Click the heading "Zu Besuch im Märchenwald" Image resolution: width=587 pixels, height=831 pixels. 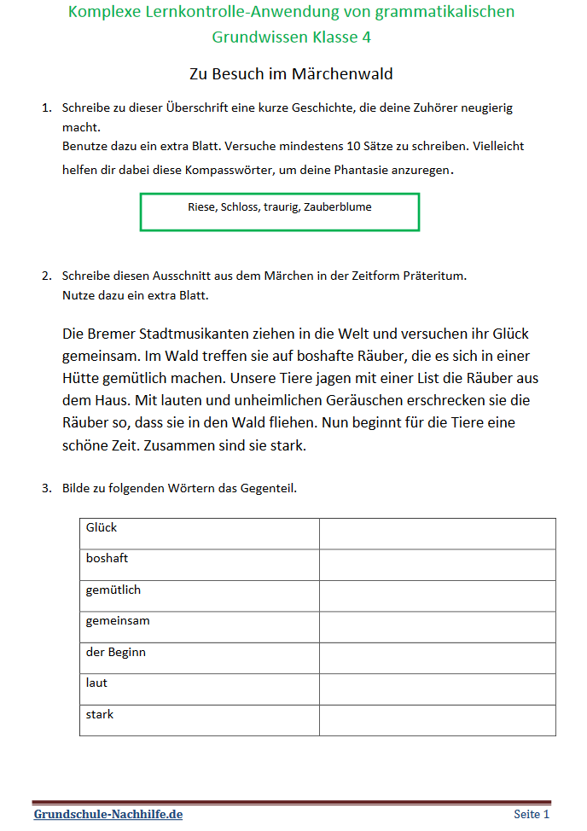[x=291, y=73]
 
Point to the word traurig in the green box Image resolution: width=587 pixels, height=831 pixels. [x=282, y=206]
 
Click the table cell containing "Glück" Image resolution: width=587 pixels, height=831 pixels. [x=199, y=533]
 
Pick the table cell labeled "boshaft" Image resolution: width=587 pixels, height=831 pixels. [x=199, y=565]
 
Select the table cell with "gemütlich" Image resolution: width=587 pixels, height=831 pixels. [x=199, y=596]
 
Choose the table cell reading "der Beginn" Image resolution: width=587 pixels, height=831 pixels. [x=199, y=658]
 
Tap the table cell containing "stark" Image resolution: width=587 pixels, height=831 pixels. [x=199, y=720]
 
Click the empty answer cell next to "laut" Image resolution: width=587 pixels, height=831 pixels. [x=437, y=689]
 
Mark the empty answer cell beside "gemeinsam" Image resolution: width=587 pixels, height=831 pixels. [x=437, y=627]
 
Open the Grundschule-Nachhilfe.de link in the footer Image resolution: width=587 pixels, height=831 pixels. [x=108, y=814]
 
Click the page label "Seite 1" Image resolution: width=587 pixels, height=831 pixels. [x=532, y=814]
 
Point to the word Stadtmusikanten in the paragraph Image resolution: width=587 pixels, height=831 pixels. [x=191, y=333]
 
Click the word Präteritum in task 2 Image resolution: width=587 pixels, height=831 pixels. [x=434, y=276]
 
